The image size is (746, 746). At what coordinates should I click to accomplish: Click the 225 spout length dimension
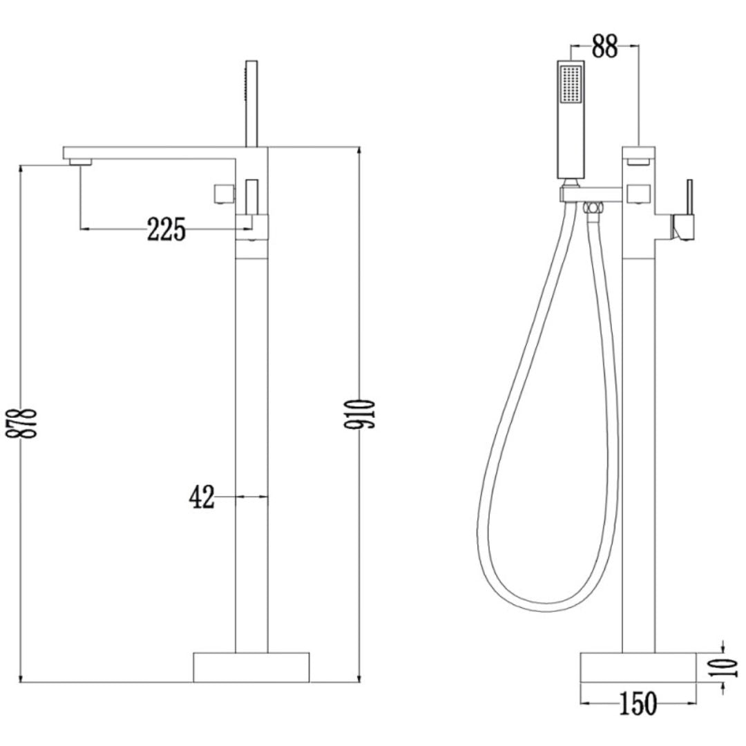tap(166, 229)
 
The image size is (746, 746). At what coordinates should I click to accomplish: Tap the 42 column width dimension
tap(202, 497)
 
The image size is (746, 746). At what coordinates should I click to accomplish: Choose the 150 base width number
tap(638, 704)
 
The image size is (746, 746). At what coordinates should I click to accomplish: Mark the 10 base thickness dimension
tap(728, 667)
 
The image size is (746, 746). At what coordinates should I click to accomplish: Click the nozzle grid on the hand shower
tap(571, 85)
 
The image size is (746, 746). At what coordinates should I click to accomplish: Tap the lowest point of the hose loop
tap(546, 610)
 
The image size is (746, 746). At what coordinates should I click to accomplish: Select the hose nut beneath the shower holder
tap(592, 207)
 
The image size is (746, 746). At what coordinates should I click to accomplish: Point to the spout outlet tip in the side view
tap(81, 162)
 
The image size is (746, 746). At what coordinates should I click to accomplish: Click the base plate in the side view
tap(251, 667)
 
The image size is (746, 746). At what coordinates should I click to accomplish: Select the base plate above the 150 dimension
tap(638, 667)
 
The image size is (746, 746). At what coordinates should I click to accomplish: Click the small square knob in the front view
tap(639, 194)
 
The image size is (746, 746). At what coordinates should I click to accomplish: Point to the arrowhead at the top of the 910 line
tap(360, 151)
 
